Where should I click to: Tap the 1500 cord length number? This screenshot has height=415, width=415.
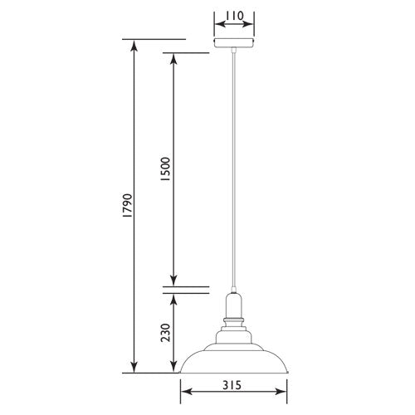pyautogui.click(x=165, y=169)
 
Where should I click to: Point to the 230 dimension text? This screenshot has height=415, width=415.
pyautogui.click(x=165, y=333)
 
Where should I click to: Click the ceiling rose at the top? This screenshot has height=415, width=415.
pyautogui.click(x=235, y=44)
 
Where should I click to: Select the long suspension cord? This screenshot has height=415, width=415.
pyautogui.click(x=235, y=166)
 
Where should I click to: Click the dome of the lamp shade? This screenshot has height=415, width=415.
pyautogui.click(x=235, y=353)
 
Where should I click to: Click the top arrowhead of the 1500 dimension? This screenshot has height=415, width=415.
pyautogui.click(x=173, y=58)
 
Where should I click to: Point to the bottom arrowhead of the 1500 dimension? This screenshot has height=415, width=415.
pyautogui.click(x=173, y=281)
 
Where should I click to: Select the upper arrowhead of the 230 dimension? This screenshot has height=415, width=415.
pyautogui.click(x=173, y=298)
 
